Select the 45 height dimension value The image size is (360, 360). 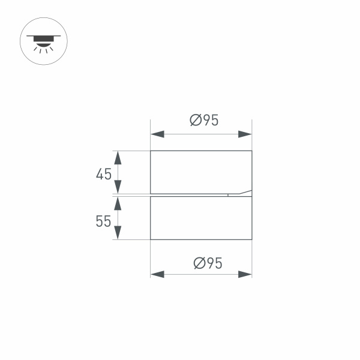click(104, 174)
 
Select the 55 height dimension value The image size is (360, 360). click(103, 221)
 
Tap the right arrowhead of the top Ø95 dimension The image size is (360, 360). click(245, 134)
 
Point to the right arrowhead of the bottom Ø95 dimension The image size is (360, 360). click(245, 274)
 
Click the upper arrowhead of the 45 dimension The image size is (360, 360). click(118, 158)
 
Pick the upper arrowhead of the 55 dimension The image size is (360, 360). click(118, 203)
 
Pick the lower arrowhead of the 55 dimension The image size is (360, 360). click(118, 232)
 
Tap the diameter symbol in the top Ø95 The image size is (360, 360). click(196, 121)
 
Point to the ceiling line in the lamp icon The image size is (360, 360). click(44, 36)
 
